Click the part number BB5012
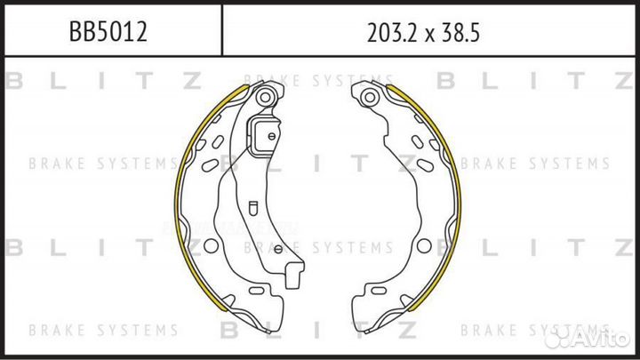coord(108,31)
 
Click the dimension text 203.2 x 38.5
coord(423,33)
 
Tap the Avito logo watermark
coord(588,337)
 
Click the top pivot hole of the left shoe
coord(265,97)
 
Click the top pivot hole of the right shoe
coord(370,97)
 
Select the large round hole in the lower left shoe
coord(211,245)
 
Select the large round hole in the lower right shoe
coord(424,245)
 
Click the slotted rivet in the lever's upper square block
coord(272,136)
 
